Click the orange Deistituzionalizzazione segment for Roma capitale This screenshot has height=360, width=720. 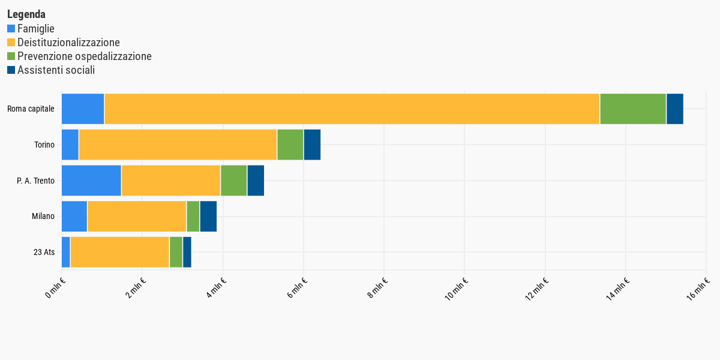pyautogui.click(x=352, y=109)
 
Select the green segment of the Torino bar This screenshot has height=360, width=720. pyautogui.click(x=290, y=145)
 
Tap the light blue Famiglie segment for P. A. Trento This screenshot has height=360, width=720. pyautogui.click(x=91, y=181)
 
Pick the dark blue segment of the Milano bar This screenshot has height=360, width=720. pyautogui.click(x=208, y=217)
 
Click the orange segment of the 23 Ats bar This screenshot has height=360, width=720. pyautogui.click(x=119, y=252)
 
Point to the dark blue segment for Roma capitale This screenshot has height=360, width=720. pyautogui.click(x=674, y=109)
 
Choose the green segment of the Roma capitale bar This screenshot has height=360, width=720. pyautogui.click(x=633, y=109)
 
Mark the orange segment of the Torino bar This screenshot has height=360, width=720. pyautogui.click(x=178, y=145)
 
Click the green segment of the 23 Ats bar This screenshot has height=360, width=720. pyautogui.click(x=176, y=252)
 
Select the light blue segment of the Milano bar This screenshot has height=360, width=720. pyautogui.click(x=74, y=217)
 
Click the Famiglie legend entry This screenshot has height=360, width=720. pyautogui.click(x=36, y=28)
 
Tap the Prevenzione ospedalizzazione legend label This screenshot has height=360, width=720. pyautogui.click(x=84, y=56)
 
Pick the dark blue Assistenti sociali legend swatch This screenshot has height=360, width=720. pyautogui.click(x=11, y=70)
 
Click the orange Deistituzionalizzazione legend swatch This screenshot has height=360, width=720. pyautogui.click(x=11, y=43)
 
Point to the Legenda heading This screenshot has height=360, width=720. pyautogui.click(x=26, y=14)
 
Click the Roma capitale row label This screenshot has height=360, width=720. pyautogui.click(x=31, y=109)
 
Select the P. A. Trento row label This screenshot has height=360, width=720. pyautogui.click(x=35, y=181)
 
